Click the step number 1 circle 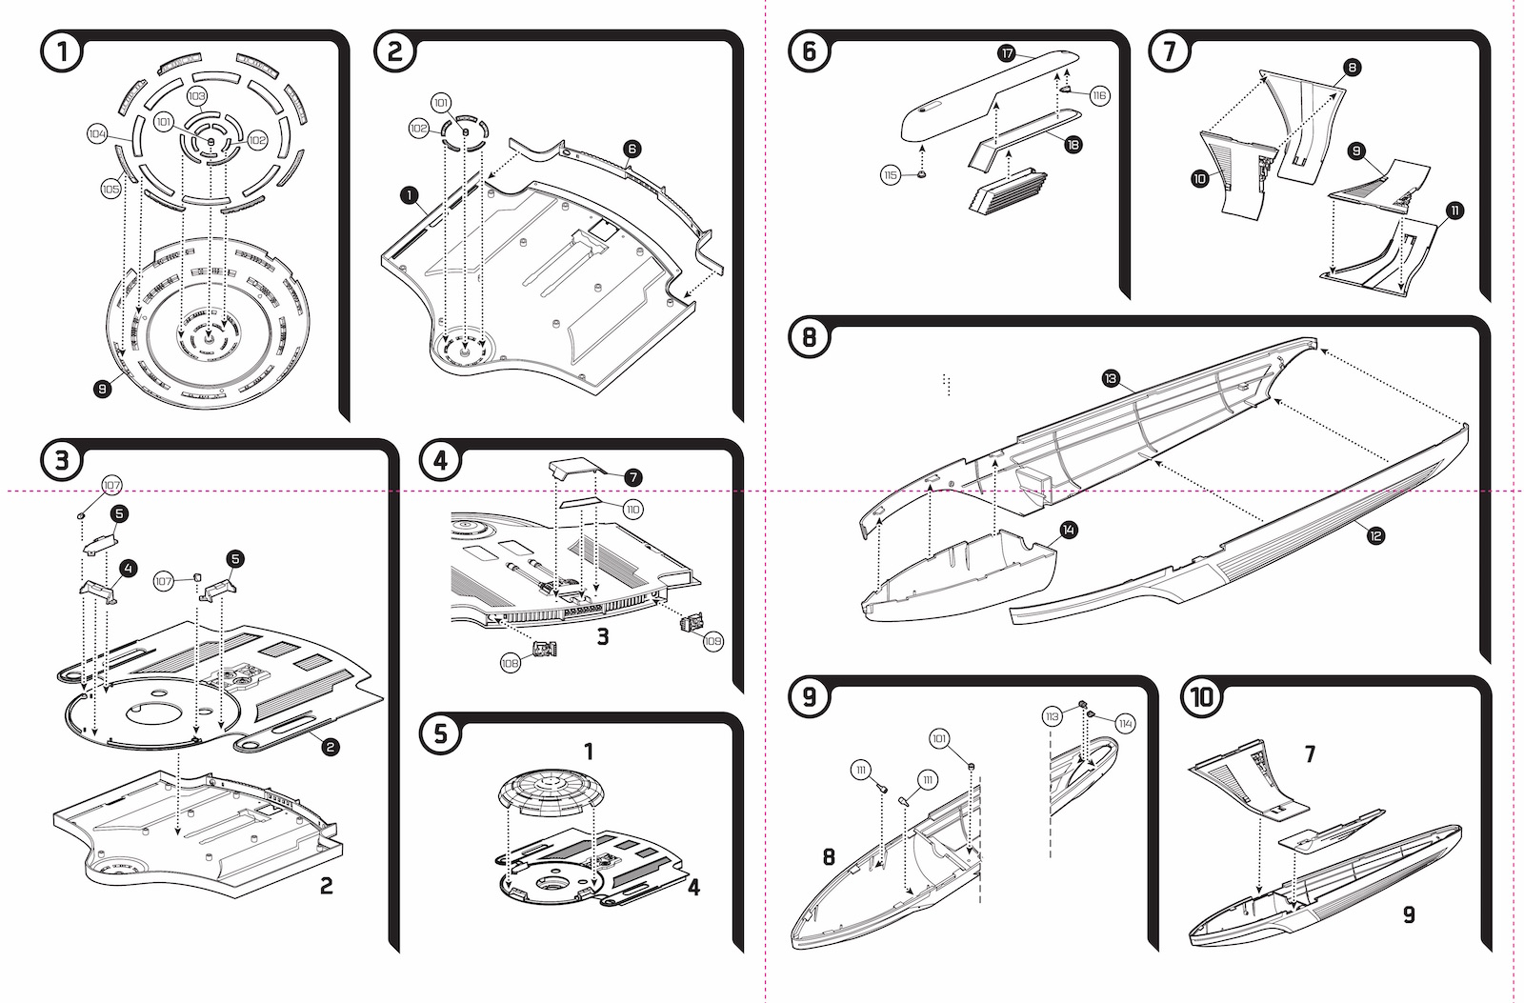point(62,51)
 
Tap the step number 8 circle point(809,336)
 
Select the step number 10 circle point(1201,697)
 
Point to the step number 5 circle point(440,733)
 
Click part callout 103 point(196,96)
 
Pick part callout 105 point(110,190)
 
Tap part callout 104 point(98,134)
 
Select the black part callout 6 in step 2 point(632,149)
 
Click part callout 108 point(511,664)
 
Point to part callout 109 point(712,641)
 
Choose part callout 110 point(632,509)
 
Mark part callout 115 point(891,175)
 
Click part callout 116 point(1099,96)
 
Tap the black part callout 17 point(1007,53)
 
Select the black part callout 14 point(1069,531)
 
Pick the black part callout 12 point(1375,536)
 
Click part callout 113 point(1052,716)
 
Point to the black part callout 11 point(1454,211)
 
